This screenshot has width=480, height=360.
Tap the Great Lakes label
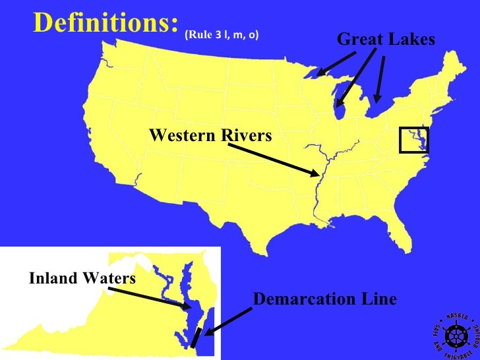(386, 40)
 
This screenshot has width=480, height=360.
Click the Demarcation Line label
(325, 299)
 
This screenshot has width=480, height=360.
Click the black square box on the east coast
(415, 140)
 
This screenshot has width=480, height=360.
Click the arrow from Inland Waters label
(148, 296)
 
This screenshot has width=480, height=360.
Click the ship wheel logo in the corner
(454, 335)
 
